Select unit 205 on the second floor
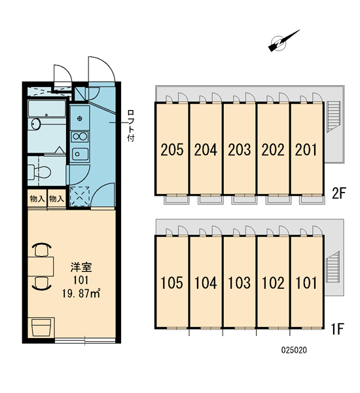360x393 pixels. pos(172,149)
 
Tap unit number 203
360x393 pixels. pos(240,149)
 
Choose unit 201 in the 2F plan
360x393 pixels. pos(306,149)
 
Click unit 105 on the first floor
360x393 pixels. pos(172,282)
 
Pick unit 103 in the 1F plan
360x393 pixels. pos(240,282)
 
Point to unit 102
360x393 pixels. pos(273,282)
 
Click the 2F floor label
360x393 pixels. pos(339,193)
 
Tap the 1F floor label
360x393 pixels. pos(338,329)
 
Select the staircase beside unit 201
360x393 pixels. pos(333,117)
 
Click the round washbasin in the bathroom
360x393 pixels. pos(35,124)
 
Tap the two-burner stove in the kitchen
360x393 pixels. pos(79,137)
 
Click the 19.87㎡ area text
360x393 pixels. pos(81,293)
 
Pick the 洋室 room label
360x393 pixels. pos(81,267)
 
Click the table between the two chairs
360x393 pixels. pos(41,267)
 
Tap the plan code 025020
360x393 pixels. pos(294,350)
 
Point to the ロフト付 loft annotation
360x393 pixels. pos(130,125)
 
